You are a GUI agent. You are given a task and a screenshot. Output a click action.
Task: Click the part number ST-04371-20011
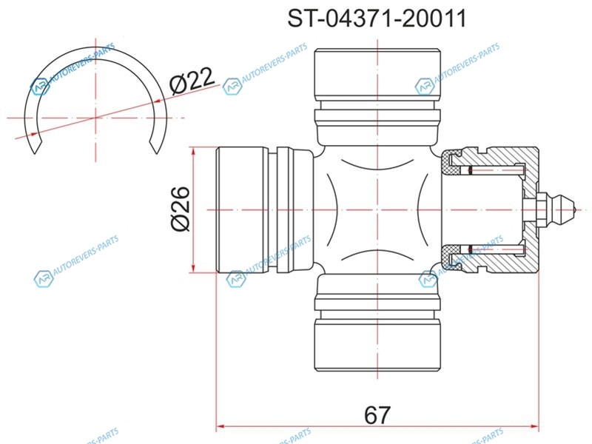click(x=377, y=18)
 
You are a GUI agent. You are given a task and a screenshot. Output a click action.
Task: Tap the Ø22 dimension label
click(x=192, y=81)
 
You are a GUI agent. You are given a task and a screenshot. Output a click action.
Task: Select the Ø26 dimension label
click(x=180, y=209)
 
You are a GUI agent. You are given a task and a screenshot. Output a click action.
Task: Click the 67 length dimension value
click(x=377, y=415)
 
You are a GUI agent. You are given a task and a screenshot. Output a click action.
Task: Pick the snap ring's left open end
click(x=35, y=150)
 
